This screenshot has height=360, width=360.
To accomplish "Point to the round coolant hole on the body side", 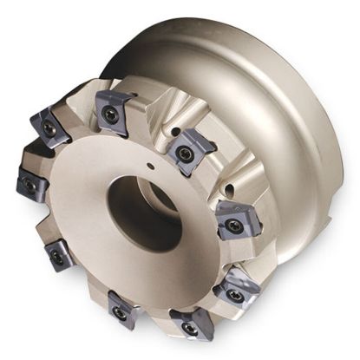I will coord(227,185).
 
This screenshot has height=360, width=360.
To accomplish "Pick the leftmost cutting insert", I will coord(31,184).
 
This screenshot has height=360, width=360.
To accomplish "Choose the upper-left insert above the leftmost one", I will coord(50,127).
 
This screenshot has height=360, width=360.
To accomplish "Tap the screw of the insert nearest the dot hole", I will coord(183,152).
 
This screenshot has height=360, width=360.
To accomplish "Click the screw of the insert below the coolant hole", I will coord(232,225).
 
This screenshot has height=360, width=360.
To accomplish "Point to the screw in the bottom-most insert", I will coord(188,327).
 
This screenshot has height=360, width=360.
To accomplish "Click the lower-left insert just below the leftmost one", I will coord(58,256).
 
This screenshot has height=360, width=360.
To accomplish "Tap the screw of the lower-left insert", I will coord(57,257).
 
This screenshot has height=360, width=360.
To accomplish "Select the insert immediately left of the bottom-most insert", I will coord(122,308).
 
